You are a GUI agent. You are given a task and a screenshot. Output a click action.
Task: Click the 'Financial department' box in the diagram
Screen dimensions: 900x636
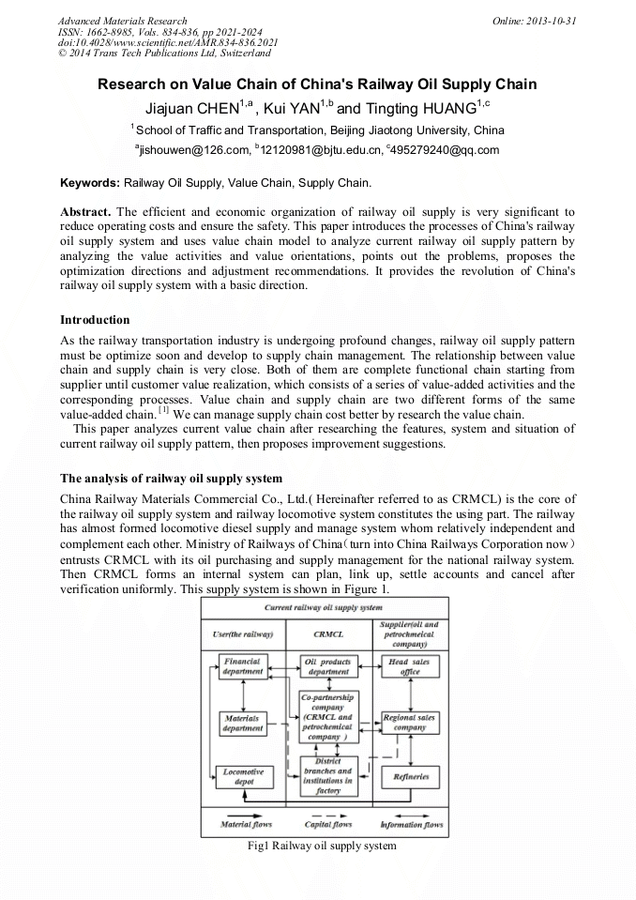click(x=243, y=666)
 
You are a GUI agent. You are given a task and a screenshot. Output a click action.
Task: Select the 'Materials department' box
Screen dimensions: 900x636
click(x=243, y=722)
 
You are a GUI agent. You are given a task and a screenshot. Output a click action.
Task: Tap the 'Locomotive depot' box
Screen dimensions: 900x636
click(x=243, y=776)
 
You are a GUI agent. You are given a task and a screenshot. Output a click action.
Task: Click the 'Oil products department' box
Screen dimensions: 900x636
click(x=327, y=666)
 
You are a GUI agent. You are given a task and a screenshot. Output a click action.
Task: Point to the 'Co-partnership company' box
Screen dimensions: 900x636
click(x=327, y=718)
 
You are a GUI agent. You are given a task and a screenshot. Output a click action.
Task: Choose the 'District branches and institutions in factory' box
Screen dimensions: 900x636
click(x=327, y=776)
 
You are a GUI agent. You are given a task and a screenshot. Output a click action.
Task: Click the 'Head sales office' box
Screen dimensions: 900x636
click(x=410, y=666)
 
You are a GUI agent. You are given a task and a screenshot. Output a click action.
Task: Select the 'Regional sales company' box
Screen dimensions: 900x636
click(x=410, y=722)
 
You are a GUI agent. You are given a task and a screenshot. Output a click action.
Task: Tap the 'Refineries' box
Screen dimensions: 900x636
click(x=410, y=776)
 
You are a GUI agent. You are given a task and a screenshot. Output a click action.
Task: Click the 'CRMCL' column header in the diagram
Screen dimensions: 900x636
click(x=327, y=634)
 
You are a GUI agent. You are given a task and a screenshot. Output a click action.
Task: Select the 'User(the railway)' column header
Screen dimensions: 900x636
click(x=243, y=634)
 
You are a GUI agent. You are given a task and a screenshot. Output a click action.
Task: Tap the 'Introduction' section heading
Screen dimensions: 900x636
click(x=95, y=320)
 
